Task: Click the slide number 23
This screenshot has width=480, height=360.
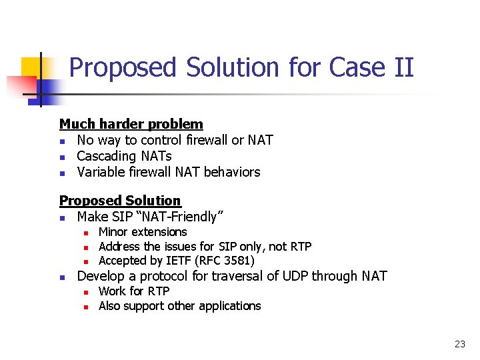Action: [x=459, y=344]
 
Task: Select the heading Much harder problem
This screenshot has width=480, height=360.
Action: [x=131, y=124]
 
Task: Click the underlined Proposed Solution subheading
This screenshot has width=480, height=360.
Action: [x=120, y=201]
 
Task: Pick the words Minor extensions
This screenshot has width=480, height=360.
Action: [x=143, y=232]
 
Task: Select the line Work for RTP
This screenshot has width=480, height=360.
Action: [x=134, y=291]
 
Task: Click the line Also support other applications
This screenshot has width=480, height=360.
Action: [x=179, y=306]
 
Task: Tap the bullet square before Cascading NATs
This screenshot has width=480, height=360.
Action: [x=62, y=157]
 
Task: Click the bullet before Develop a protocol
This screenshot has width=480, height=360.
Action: [x=62, y=277]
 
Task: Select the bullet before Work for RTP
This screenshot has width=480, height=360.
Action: [x=85, y=292]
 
